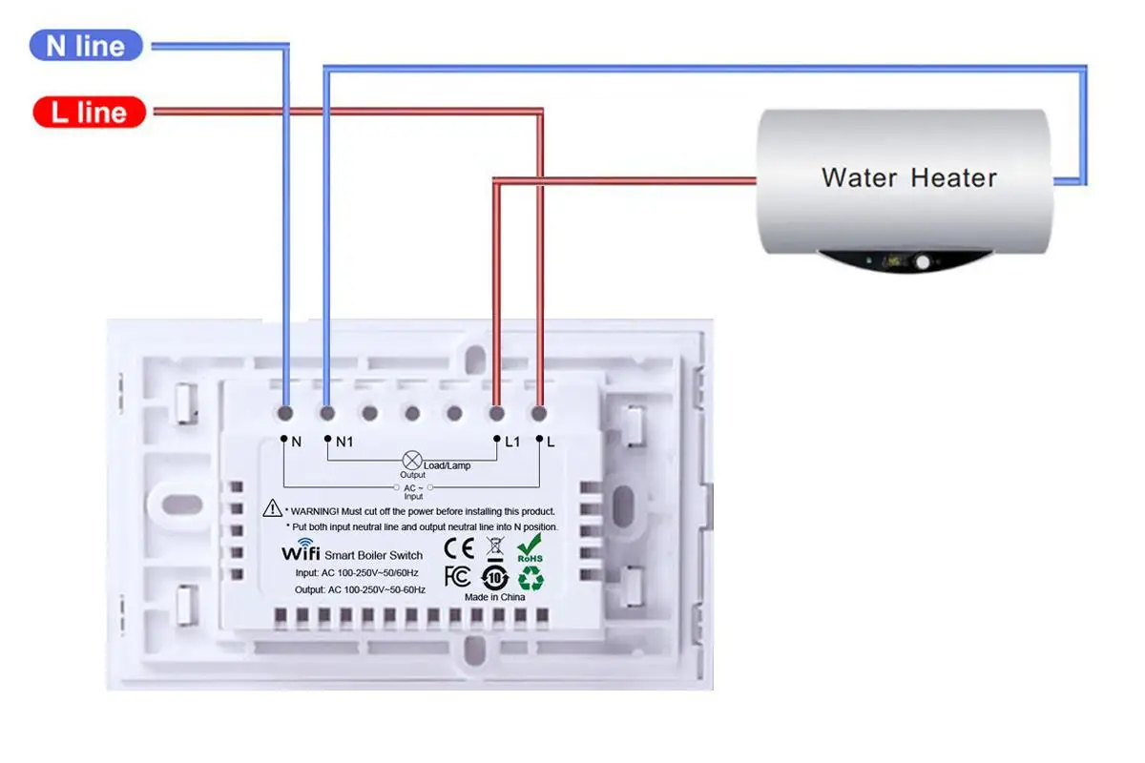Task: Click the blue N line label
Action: pyautogui.click(x=86, y=45)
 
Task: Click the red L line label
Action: pyautogui.click(x=89, y=113)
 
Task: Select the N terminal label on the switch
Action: pyautogui.click(x=296, y=442)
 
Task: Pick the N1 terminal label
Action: pyautogui.click(x=343, y=442)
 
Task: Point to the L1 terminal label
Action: pyautogui.click(x=512, y=442)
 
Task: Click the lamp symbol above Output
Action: pyautogui.click(x=413, y=460)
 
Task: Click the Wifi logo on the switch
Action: pyautogui.click(x=300, y=552)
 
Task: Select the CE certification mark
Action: pyautogui.click(x=460, y=548)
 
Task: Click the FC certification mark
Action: pyautogui.click(x=458, y=576)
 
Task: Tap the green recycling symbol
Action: pyautogui.click(x=530, y=577)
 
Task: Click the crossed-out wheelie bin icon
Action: pyautogui.click(x=494, y=547)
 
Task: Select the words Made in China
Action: pyautogui.click(x=494, y=597)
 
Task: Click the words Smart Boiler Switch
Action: pyautogui.click(x=373, y=555)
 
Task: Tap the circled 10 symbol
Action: pyautogui.click(x=493, y=577)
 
